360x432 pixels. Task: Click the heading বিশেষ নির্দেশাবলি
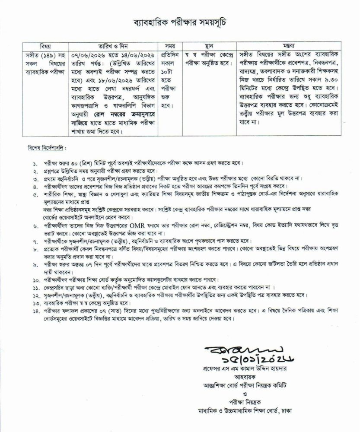[x=42, y=148]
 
